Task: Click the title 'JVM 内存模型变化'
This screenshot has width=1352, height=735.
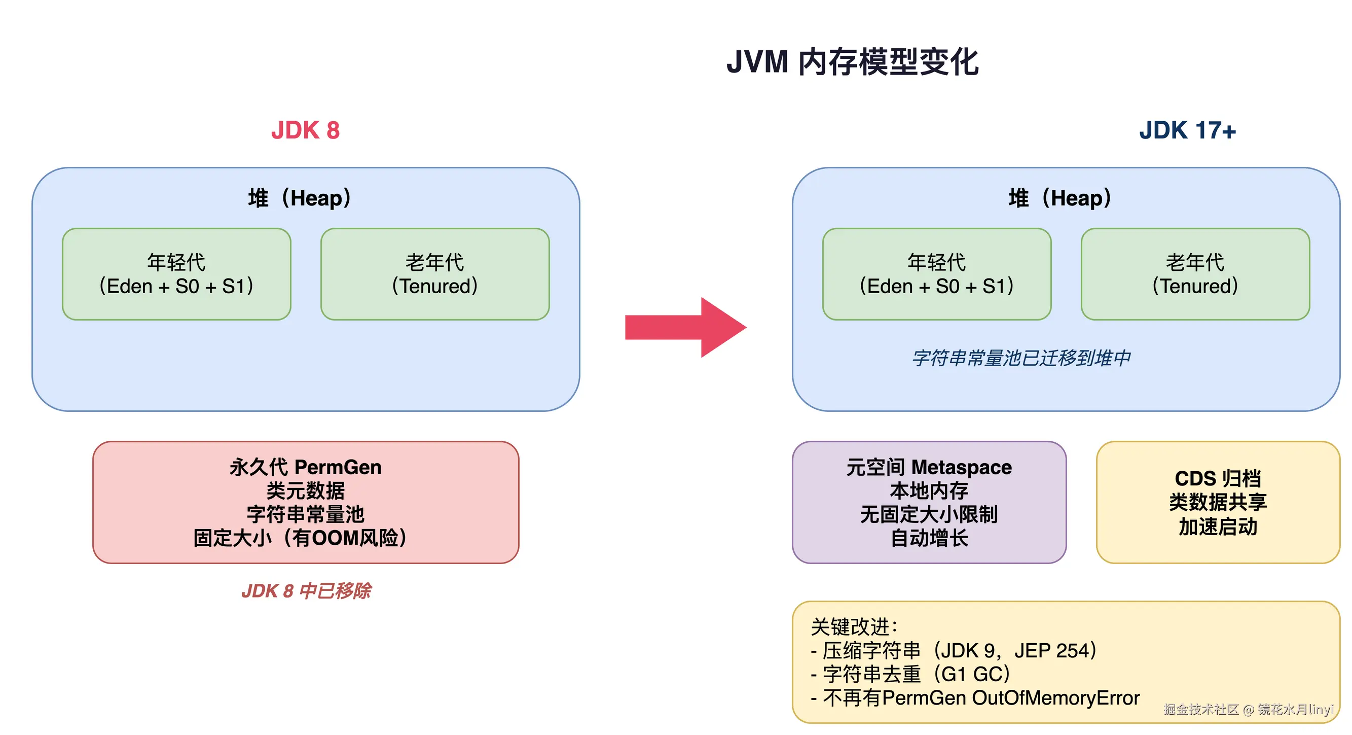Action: (x=852, y=62)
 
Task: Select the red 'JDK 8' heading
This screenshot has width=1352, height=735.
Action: (x=305, y=130)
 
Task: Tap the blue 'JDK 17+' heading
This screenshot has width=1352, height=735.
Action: (x=1187, y=130)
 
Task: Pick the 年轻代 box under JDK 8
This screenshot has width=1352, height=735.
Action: (x=176, y=274)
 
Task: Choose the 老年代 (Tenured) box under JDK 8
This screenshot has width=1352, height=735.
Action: (x=434, y=274)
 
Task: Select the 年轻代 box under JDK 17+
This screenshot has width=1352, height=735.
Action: (x=936, y=274)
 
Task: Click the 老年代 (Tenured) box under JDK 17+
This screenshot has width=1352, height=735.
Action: (x=1195, y=274)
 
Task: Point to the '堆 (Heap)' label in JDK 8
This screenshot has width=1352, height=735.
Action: (x=300, y=198)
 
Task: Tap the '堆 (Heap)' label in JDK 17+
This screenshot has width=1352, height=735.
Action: (x=1059, y=198)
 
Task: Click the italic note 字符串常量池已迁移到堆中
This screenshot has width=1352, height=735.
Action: (x=1021, y=358)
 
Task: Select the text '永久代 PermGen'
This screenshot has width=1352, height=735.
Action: (x=305, y=467)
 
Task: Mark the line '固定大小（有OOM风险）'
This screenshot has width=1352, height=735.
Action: (x=300, y=538)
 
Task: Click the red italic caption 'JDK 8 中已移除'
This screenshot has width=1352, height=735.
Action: (x=306, y=590)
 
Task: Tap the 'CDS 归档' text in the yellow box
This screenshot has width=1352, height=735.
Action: (x=1217, y=478)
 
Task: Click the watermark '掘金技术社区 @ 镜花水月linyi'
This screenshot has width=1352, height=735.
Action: (x=1248, y=709)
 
